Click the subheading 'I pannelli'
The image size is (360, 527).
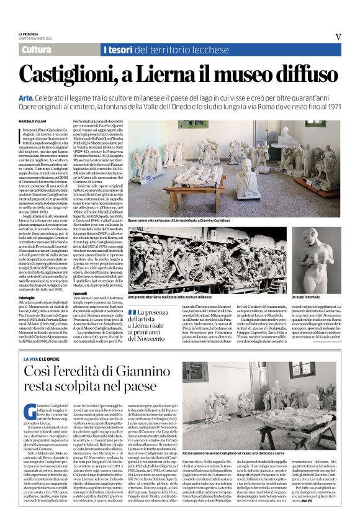pos(81,292)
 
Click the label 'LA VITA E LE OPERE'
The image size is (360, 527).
pos(42,359)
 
